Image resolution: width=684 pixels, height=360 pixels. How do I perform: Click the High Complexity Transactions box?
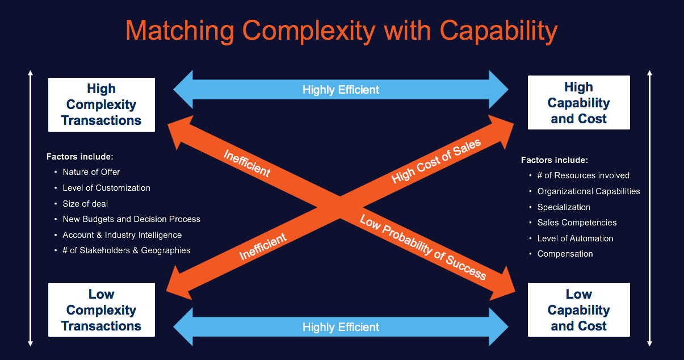(102, 104)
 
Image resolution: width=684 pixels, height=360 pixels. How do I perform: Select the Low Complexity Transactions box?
(102, 310)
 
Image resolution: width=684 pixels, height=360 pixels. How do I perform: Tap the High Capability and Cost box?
(578, 103)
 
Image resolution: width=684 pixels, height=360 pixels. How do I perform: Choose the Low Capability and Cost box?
(578, 310)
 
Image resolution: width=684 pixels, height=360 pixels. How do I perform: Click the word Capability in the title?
(499, 31)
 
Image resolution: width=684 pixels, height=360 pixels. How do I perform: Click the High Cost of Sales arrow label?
(436, 161)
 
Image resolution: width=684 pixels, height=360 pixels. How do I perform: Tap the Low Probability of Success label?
(423, 248)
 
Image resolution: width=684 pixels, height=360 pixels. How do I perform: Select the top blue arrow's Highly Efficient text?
(341, 90)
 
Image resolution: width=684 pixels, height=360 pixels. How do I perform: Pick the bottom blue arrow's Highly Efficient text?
(341, 327)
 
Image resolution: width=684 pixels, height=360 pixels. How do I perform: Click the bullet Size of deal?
(85, 203)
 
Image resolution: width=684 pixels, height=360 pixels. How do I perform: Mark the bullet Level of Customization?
(106, 187)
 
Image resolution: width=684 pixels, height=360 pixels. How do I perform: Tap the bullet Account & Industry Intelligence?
(122, 235)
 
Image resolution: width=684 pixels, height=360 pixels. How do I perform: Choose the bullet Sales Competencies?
(577, 223)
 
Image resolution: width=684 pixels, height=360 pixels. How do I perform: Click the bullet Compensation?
(565, 254)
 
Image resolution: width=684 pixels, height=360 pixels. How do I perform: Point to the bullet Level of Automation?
(575, 238)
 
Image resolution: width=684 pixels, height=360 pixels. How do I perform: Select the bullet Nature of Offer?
(91, 171)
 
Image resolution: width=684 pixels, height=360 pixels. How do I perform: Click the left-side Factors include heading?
(81, 156)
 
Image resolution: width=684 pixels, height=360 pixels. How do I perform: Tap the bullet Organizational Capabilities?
(589, 191)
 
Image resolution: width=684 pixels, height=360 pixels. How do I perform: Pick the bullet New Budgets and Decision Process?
(131, 219)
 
